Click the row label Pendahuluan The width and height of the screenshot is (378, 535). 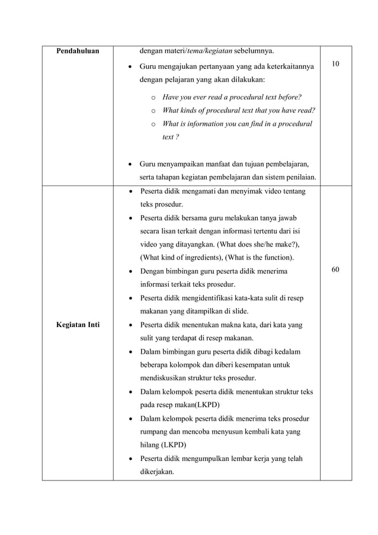pyautogui.click(x=77, y=51)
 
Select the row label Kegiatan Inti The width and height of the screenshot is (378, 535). pyautogui.click(x=77, y=325)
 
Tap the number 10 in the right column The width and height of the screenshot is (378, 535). pyautogui.click(x=335, y=63)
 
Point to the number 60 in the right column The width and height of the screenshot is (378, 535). pyautogui.click(x=335, y=270)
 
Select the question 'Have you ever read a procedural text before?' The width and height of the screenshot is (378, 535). pyautogui.click(x=232, y=97)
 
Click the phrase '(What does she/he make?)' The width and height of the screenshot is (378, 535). pyautogui.click(x=262, y=245)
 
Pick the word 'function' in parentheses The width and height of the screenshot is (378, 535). pyautogui.click(x=280, y=258)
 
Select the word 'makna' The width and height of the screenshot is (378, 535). pyautogui.click(x=228, y=325)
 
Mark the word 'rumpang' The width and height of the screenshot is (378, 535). pyautogui.click(x=154, y=431)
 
